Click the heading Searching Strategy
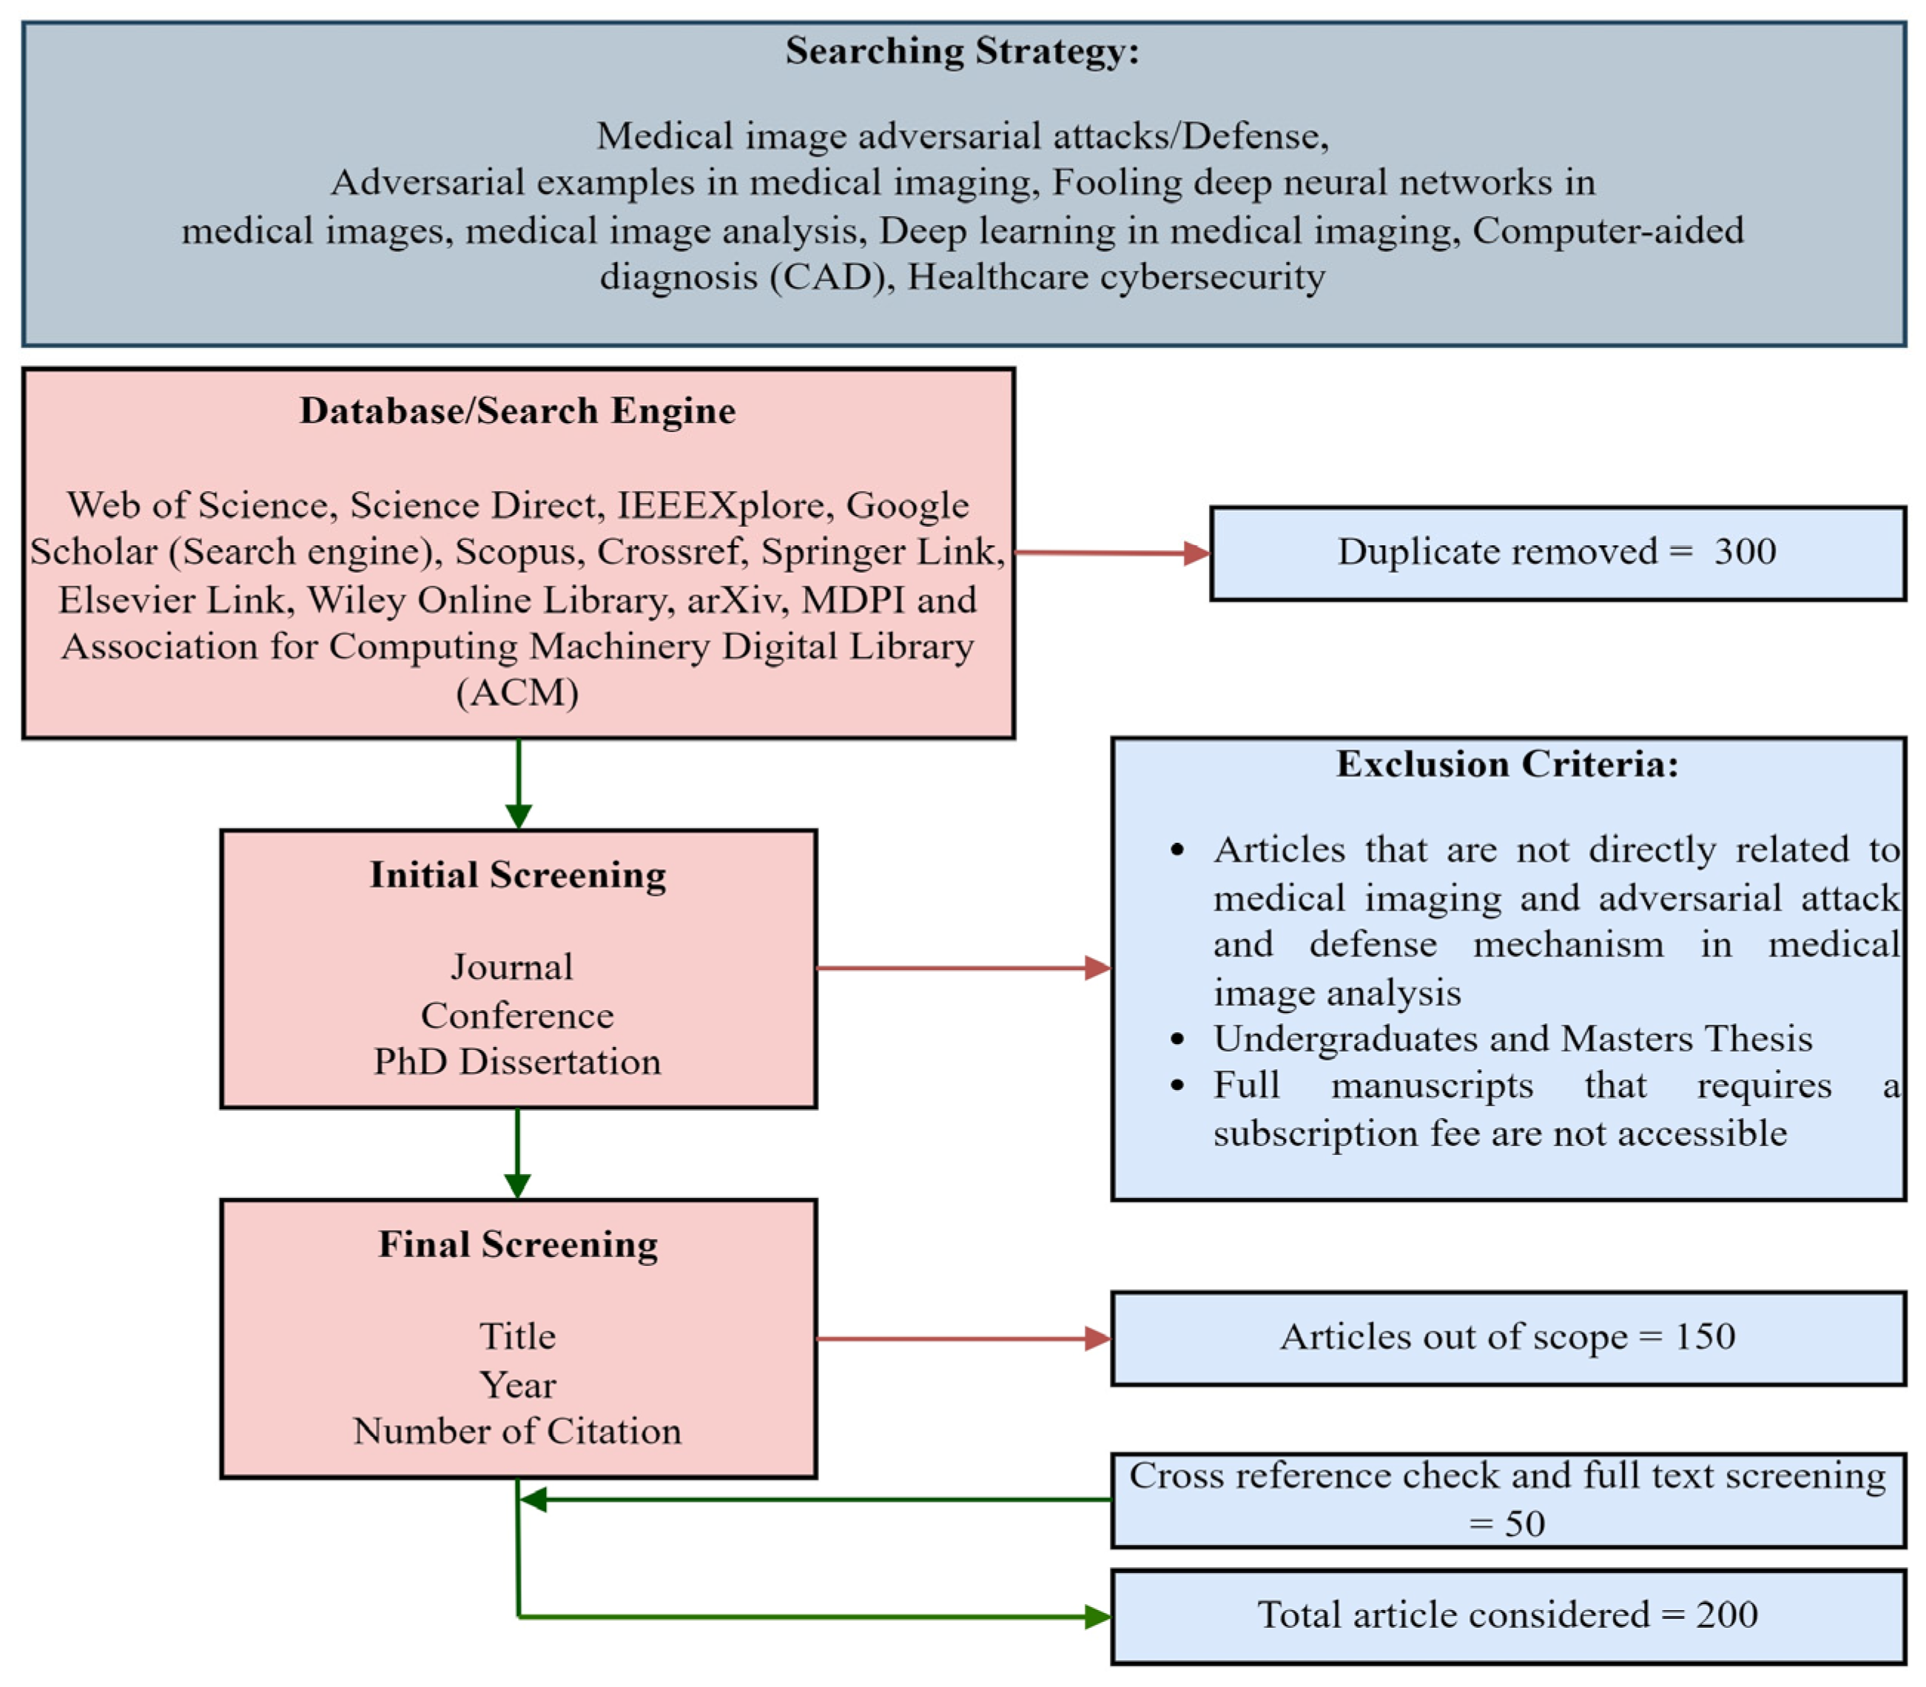coord(961,51)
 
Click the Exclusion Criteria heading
coord(1506,764)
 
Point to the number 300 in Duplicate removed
coord(1743,552)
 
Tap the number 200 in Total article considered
coord(1725,1614)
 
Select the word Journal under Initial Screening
coord(511,967)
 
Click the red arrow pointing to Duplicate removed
coord(1111,553)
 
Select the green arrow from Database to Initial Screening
coord(518,784)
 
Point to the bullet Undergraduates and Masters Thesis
coord(1511,1038)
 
